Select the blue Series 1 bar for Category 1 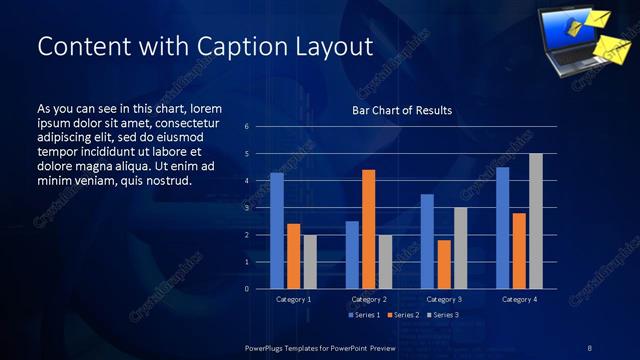277,231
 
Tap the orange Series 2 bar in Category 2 368,229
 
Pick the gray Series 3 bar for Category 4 536,221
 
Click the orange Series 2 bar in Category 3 444,264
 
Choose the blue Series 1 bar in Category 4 503,228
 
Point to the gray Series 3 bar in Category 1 310,262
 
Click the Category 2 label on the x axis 369,299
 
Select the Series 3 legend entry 442,316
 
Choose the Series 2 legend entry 404,316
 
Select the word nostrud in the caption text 169,180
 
